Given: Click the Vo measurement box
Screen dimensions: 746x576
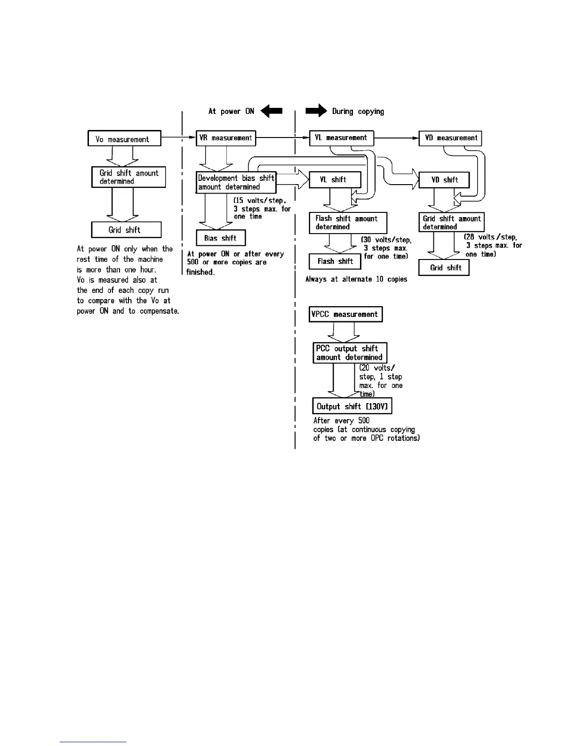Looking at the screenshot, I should [x=124, y=138].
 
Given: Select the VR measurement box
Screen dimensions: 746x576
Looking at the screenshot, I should [x=226, y=138].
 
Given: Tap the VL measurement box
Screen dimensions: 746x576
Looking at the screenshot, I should [x=342, y=138].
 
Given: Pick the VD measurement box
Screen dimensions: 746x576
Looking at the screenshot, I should [x=450, y=138].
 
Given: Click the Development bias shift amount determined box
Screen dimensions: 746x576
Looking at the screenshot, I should [x=236, y=182].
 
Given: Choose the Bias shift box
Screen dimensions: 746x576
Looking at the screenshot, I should [x=220, y=238].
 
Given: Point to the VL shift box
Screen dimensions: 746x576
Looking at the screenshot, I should [x=335, y=179].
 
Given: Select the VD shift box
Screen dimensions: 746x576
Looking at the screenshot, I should [x=444, y=180].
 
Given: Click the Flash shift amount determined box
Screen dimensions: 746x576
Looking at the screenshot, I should [x=348, y=223].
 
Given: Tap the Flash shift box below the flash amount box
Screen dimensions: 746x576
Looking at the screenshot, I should [x=335, y=261].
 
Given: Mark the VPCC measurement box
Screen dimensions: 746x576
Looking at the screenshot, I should [x=345, y=314].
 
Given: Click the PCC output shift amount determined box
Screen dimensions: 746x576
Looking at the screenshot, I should [x=350, y=353].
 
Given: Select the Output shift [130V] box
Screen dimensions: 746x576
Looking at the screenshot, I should [x=352, y=406].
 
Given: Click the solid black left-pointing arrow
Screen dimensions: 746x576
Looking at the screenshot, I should [x=272, y=111].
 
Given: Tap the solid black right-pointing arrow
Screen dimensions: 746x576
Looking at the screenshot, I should [x=316, y=111].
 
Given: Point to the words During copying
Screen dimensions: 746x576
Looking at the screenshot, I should [x=358, y=112].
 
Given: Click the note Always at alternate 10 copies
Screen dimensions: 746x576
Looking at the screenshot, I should [x=356, y=279].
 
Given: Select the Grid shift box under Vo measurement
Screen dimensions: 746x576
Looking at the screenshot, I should [x=126, y=230].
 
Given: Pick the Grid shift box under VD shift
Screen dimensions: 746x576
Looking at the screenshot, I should [x=444, y=268].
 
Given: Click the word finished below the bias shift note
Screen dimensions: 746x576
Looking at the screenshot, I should [x=200, y=272].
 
